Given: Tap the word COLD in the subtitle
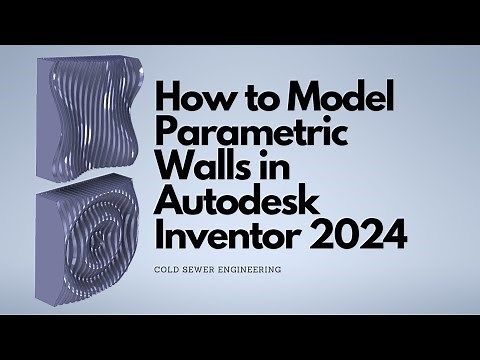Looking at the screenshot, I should tap(170, 269).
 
